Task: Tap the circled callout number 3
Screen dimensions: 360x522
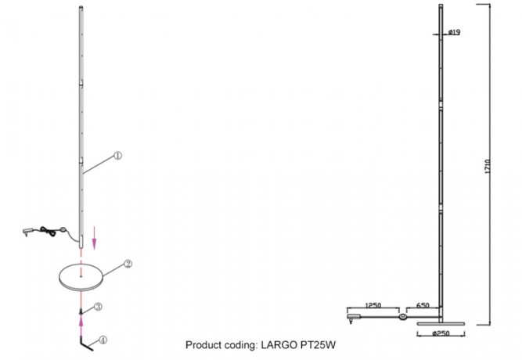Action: click(99, 306)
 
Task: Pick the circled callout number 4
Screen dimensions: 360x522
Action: click(102, 340)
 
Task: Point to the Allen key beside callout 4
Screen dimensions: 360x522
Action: click(84, 343)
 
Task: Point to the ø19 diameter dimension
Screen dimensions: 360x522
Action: click(454, 33)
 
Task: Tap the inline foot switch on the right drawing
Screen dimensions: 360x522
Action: click(402, 317)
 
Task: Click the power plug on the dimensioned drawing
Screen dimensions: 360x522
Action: click(351, 318)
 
